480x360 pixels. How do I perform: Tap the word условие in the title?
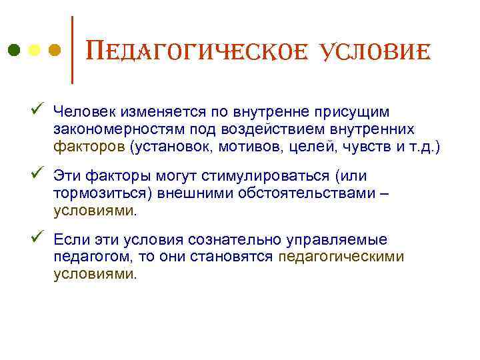[378, 51]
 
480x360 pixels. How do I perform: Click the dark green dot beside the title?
[13, 51]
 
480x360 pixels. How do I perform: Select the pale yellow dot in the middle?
[34, 51]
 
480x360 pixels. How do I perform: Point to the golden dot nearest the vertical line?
[55, 51]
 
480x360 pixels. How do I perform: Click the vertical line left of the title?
[72, 50]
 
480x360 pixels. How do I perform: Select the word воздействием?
[247, 128]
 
